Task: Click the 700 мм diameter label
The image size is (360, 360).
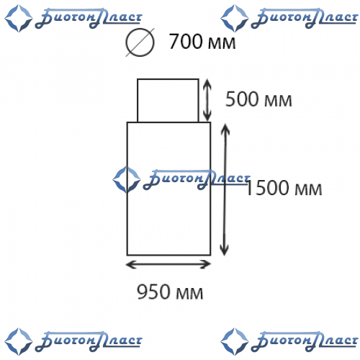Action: pos(202,42)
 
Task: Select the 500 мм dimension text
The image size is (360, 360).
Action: pos(258,99)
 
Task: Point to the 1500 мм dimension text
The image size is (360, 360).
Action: pos(284,188)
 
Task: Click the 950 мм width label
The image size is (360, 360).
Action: pos(170,292)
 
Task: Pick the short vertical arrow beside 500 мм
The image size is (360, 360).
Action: pos(207,100)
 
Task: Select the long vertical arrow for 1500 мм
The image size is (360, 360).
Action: pos(225,189)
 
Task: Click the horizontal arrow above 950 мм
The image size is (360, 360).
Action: pos(168,264)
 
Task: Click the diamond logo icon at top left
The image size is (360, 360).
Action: pos(18,19)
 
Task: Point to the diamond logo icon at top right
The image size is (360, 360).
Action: pos(234,19)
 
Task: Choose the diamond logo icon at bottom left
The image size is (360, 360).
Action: pos(18,341)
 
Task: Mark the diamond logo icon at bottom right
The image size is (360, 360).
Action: pos(234,341)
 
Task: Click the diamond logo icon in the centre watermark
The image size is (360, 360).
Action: pos(127,180)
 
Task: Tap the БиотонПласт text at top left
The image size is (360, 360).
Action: pos(89,18)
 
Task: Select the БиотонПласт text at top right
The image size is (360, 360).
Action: pos(305,18)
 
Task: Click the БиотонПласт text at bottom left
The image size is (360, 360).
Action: pos(89,341)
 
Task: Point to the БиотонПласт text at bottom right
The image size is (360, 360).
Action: pos(305,341)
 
